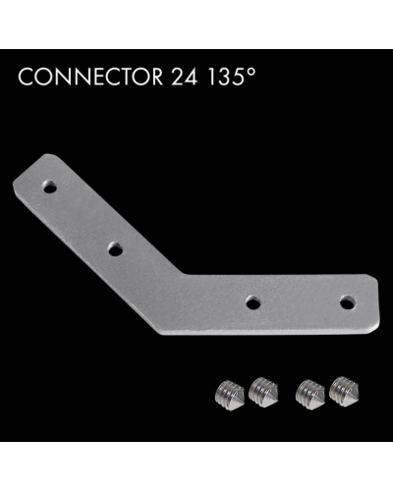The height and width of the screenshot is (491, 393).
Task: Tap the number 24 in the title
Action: pos(175,78)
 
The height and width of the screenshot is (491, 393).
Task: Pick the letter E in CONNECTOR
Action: pos(90,78)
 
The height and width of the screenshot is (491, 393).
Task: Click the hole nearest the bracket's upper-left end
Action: pos(50,184)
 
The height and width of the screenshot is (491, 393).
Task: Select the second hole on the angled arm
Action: pos(115,250)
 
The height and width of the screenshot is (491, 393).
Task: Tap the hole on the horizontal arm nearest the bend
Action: pos(253,302)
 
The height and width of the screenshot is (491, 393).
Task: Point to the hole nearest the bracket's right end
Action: pos(347,300)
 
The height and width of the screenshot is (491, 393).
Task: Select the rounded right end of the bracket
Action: pos(374,300)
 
